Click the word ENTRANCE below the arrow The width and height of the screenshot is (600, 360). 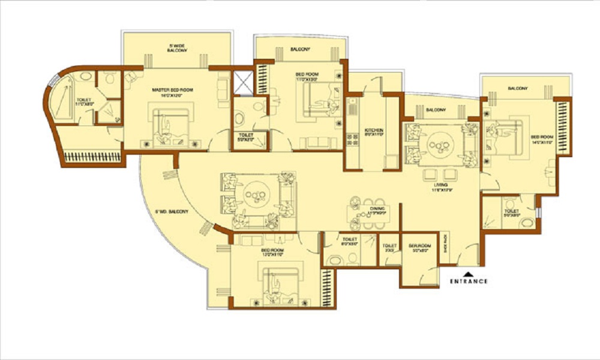tap(468, 281)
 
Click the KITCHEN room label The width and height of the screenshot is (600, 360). tap(373, 130)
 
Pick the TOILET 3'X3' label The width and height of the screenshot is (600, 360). tap(389, 247)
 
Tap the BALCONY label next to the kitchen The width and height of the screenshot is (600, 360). tap(436, 110)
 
